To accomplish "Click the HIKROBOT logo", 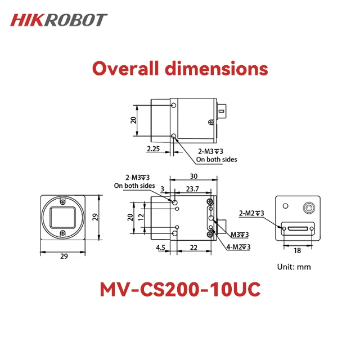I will [57, 20].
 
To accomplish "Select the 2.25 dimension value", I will [154, 149].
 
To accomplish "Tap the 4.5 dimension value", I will [161, 247].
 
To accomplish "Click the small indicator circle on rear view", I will [286, 206].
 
